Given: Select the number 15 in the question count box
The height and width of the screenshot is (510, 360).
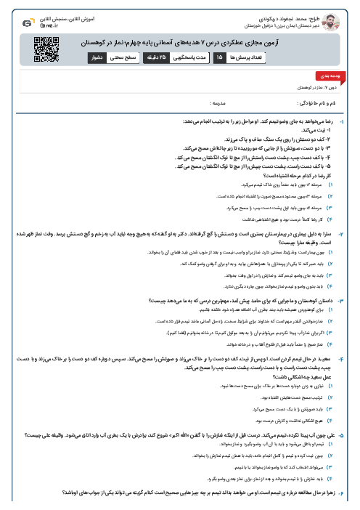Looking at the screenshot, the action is pos(219,56).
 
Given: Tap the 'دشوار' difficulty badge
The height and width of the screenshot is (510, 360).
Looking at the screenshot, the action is pos(96,56).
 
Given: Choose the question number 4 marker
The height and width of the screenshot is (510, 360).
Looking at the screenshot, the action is pos(352,358).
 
